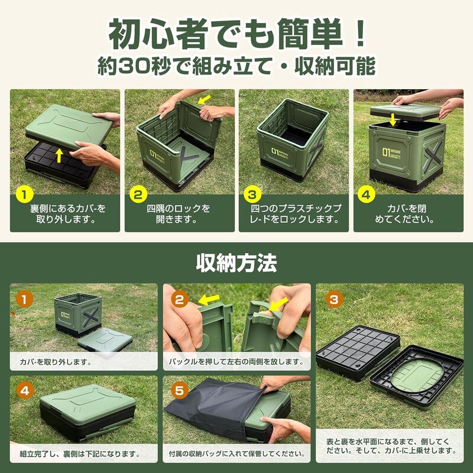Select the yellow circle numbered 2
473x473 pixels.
138,193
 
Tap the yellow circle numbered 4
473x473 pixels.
367,193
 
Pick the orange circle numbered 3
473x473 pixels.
334,300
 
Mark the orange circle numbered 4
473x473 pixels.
24,391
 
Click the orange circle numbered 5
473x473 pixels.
181,391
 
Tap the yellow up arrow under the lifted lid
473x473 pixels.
59,155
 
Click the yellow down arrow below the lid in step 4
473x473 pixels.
393,120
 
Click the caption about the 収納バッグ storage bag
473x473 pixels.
237,455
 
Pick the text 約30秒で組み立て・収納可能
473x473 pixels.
236,66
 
